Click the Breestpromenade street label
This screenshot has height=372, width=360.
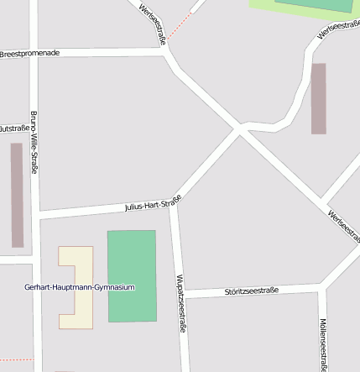30,53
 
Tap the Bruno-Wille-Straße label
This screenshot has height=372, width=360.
34,142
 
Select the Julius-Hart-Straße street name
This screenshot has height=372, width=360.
153,204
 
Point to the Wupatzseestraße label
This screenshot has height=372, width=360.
180,303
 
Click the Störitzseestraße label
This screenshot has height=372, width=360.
251,291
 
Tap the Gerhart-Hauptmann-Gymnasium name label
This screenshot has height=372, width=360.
79,287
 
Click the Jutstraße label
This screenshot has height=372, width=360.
13,128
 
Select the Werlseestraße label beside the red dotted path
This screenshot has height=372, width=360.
153,23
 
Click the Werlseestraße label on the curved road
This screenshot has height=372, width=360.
337,29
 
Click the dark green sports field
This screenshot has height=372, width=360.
132,276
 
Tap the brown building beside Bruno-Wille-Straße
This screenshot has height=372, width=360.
17,195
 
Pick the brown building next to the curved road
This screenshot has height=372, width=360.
318,98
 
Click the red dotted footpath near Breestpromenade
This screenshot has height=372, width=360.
179,26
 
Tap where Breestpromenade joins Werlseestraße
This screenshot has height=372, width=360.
165,51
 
